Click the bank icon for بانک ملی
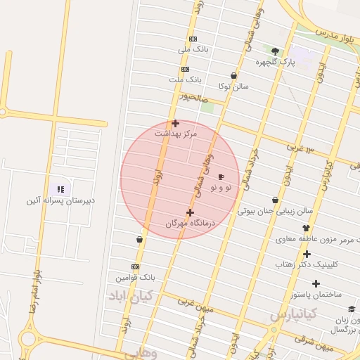(193, 39)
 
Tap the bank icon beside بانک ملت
(186, 69)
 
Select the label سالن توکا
(233, 86)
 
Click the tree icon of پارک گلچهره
(275, 51)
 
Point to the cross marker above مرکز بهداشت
(175, 123)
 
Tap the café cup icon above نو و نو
(221, 177)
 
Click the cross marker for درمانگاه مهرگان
(190, 212)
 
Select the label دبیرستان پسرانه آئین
(60, 200)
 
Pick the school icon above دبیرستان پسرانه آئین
(60, 189)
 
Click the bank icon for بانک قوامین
(135, 266)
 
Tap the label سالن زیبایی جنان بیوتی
(275, 210)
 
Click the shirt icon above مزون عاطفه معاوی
(306, 228)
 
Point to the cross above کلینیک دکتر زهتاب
(307, 254)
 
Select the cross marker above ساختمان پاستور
(316, 283)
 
